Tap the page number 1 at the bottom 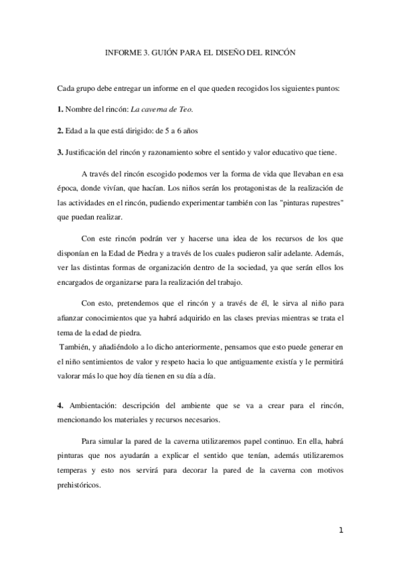(341, 531)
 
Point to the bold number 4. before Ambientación (60, 406)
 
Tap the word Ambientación (92, 406)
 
